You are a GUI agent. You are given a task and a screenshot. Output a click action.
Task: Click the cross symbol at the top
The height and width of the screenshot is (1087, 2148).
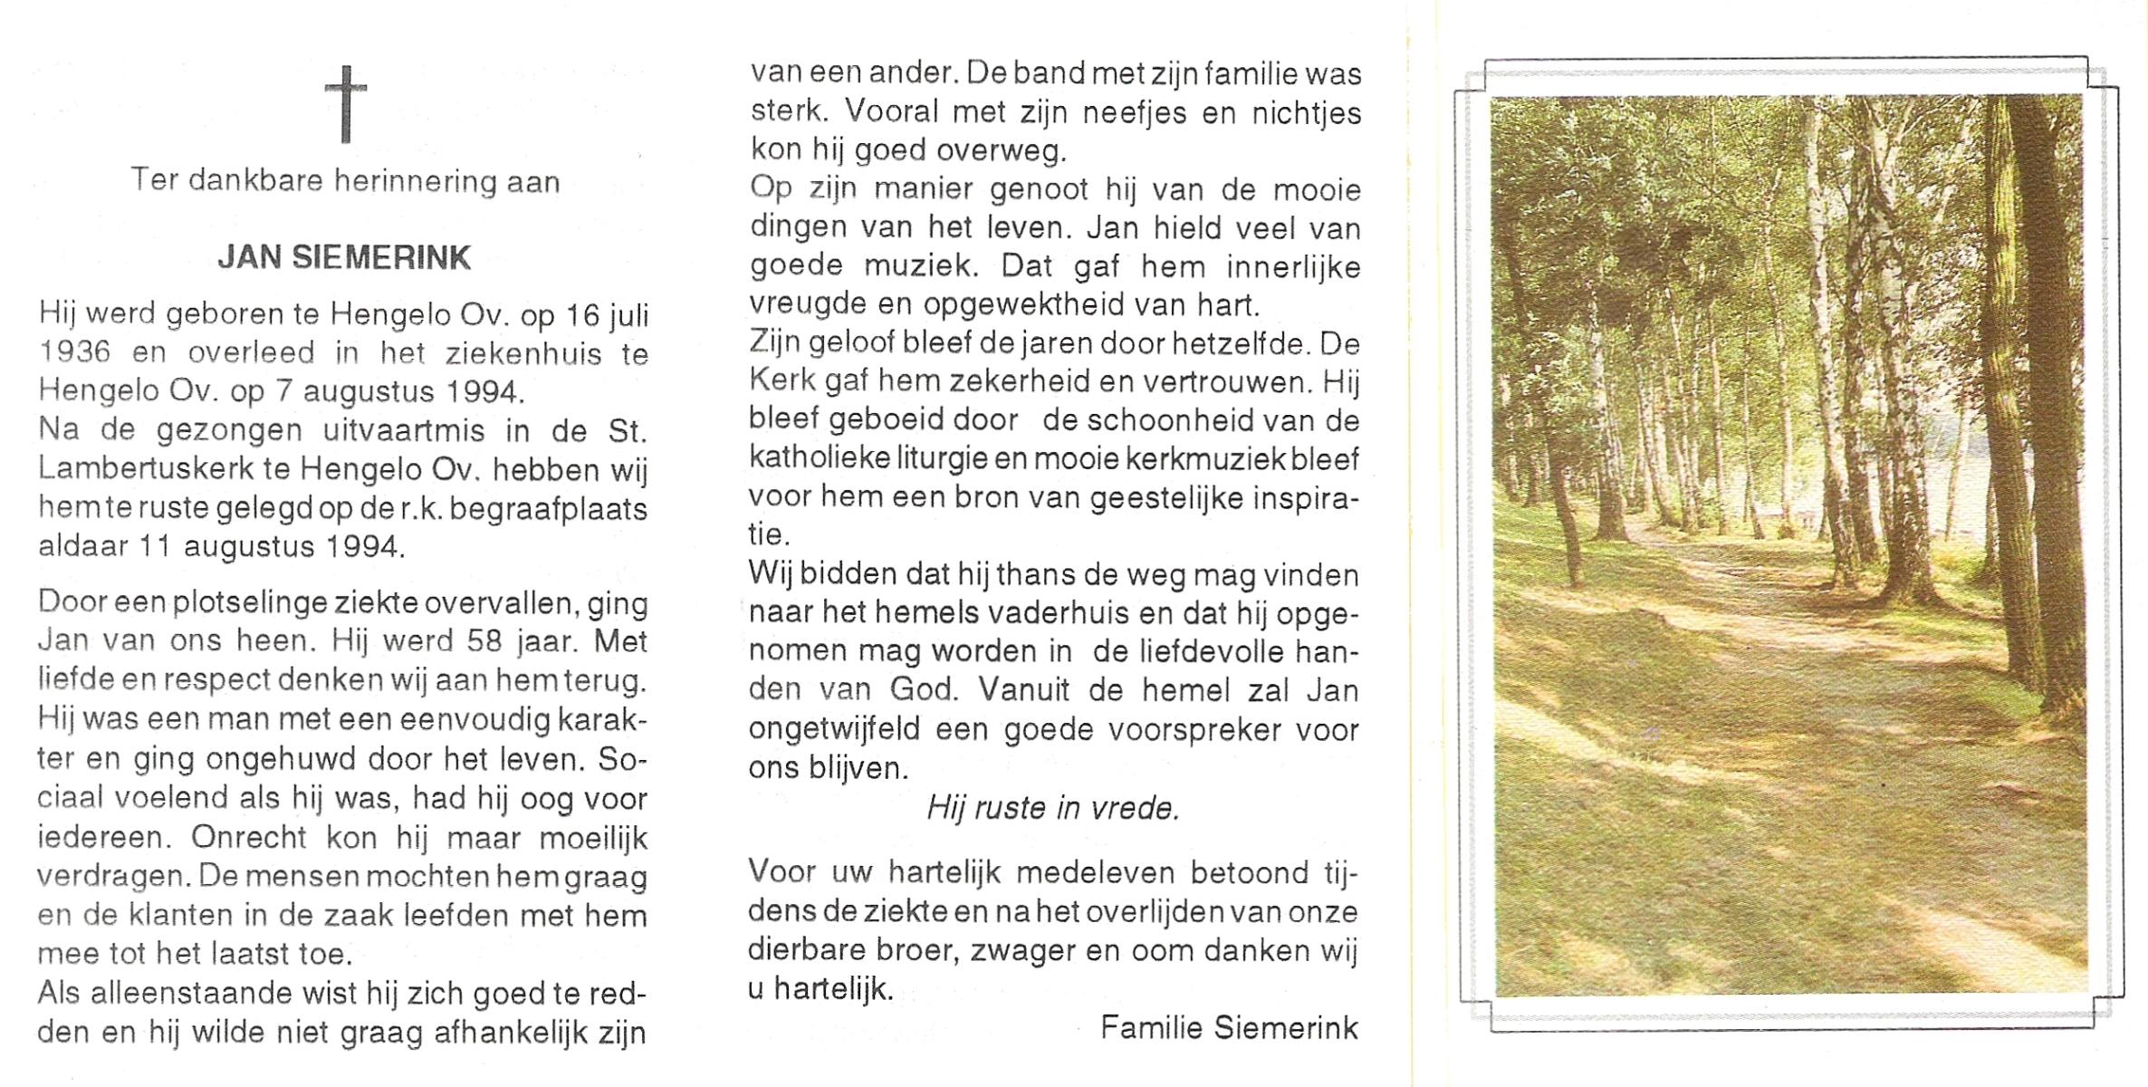[x=346, y=103]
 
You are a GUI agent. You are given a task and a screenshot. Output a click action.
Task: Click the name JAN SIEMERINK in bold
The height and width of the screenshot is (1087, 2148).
[x=344, y=258]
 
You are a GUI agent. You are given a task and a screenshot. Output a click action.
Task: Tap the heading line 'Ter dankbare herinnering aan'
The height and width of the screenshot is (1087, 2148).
[x=345, y=181]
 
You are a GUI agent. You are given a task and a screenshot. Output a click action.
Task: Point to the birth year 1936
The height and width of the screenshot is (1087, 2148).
[x=74, y=353]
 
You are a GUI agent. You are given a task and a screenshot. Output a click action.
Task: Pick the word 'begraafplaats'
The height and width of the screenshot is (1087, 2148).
[x=549, y=510]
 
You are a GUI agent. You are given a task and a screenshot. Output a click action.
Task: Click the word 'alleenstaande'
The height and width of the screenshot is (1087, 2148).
[x=188, y=994]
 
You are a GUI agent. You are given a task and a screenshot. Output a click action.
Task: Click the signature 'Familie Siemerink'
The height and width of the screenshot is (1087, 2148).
[x=1229, y=1027]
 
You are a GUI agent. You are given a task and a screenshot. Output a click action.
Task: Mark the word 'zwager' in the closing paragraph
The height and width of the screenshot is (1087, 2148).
[x=1022, y=950]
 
